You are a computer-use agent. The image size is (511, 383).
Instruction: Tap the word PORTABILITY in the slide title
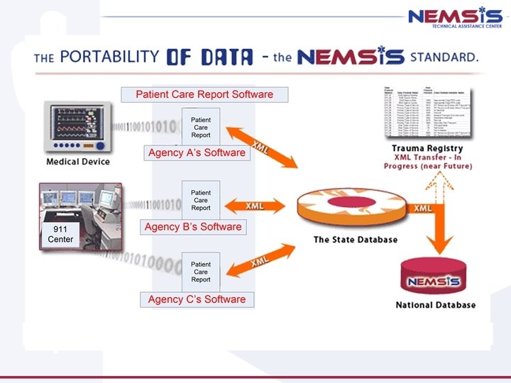coord(109,57)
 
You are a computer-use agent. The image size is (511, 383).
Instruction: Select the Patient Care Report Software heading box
coord(204,94)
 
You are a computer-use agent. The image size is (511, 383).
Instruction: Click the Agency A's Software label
coord(197,152)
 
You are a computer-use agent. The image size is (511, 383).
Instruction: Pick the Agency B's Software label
coord(193,227)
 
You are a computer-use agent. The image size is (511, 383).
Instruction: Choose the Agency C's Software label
coord(197,299)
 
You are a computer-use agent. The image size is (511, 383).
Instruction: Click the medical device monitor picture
coord(78,127)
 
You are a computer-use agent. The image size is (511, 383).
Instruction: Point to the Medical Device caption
coord(78,162)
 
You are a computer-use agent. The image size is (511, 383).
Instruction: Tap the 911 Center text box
coord(60,235)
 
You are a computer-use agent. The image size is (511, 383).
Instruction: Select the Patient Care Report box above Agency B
coord(201,199)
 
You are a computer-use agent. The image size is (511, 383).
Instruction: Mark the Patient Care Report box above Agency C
coord(201,271)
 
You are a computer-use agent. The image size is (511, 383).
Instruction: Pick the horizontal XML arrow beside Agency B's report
coord(255,206)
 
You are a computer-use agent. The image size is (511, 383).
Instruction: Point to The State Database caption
coord(356,240)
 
